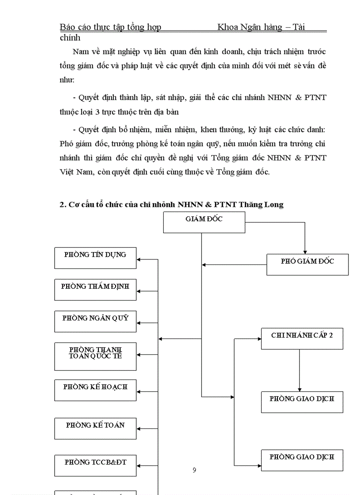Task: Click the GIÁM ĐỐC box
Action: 204,222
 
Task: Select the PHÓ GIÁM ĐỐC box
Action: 307,264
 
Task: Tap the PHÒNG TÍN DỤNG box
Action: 95,258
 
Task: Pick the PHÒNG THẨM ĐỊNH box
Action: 95,290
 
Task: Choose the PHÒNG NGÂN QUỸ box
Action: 95,321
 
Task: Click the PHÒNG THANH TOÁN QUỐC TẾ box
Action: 95,356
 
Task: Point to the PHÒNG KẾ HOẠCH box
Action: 95,390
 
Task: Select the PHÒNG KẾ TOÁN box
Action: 95,428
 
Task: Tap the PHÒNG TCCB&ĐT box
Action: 95,465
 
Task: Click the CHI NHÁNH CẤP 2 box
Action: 302,339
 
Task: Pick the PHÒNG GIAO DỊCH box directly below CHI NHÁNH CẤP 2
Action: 302,402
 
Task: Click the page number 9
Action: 195,470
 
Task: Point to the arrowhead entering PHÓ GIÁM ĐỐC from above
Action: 304,251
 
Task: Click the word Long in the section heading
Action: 275,205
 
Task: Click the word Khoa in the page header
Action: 228,27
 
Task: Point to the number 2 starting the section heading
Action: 62,205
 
